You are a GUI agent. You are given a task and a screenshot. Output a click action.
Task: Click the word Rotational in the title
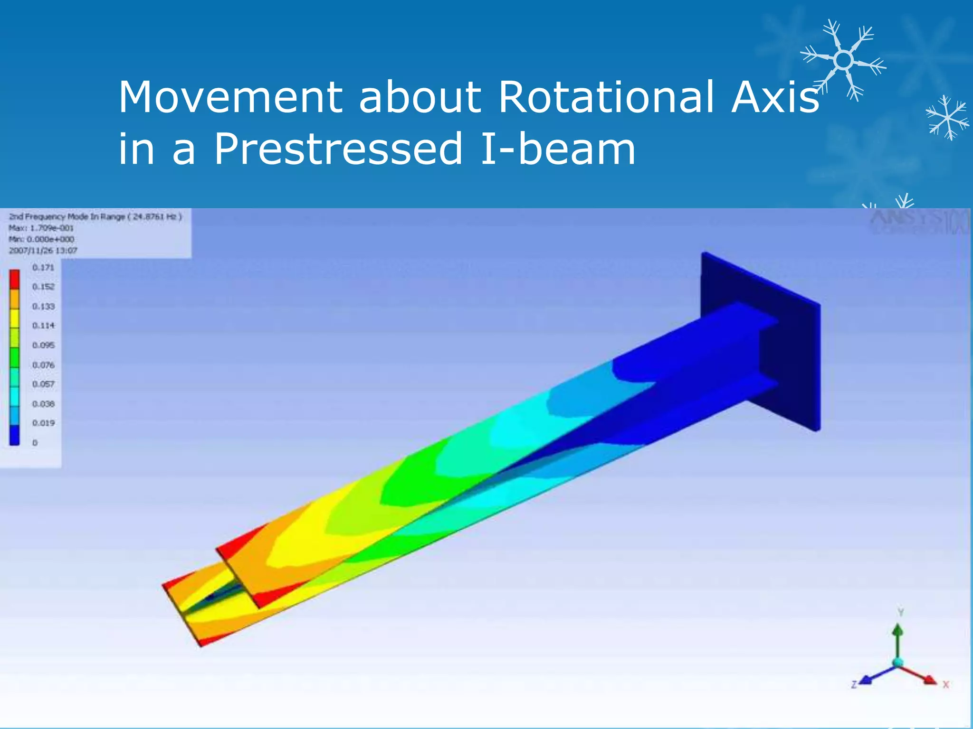point(606,97)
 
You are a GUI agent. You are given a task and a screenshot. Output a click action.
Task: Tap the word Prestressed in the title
point(338,149)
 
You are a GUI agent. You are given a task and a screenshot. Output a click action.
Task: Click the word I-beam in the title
point(558,149)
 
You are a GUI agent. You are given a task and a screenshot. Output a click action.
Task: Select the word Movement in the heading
point(230,97)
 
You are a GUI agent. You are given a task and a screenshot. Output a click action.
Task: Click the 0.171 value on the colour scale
point(43,268)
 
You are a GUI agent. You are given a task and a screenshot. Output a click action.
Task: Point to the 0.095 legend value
point(43,345)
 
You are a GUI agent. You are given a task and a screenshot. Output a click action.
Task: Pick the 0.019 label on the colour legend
point(43,423)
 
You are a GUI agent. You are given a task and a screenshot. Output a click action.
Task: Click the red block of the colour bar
point(15,279)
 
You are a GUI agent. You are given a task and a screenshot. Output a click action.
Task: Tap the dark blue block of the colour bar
point(15,435)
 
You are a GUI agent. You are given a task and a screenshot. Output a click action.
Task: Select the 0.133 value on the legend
point(43,307)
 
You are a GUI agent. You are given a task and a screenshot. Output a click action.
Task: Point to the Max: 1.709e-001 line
point(41,228)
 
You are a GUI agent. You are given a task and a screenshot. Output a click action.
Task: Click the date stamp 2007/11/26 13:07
point(43,251)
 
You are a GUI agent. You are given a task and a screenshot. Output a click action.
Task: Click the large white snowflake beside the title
point(843,60)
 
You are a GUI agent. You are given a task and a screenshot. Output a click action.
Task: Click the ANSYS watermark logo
point(917,222)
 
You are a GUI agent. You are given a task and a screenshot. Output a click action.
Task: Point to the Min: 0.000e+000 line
point(41,239)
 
